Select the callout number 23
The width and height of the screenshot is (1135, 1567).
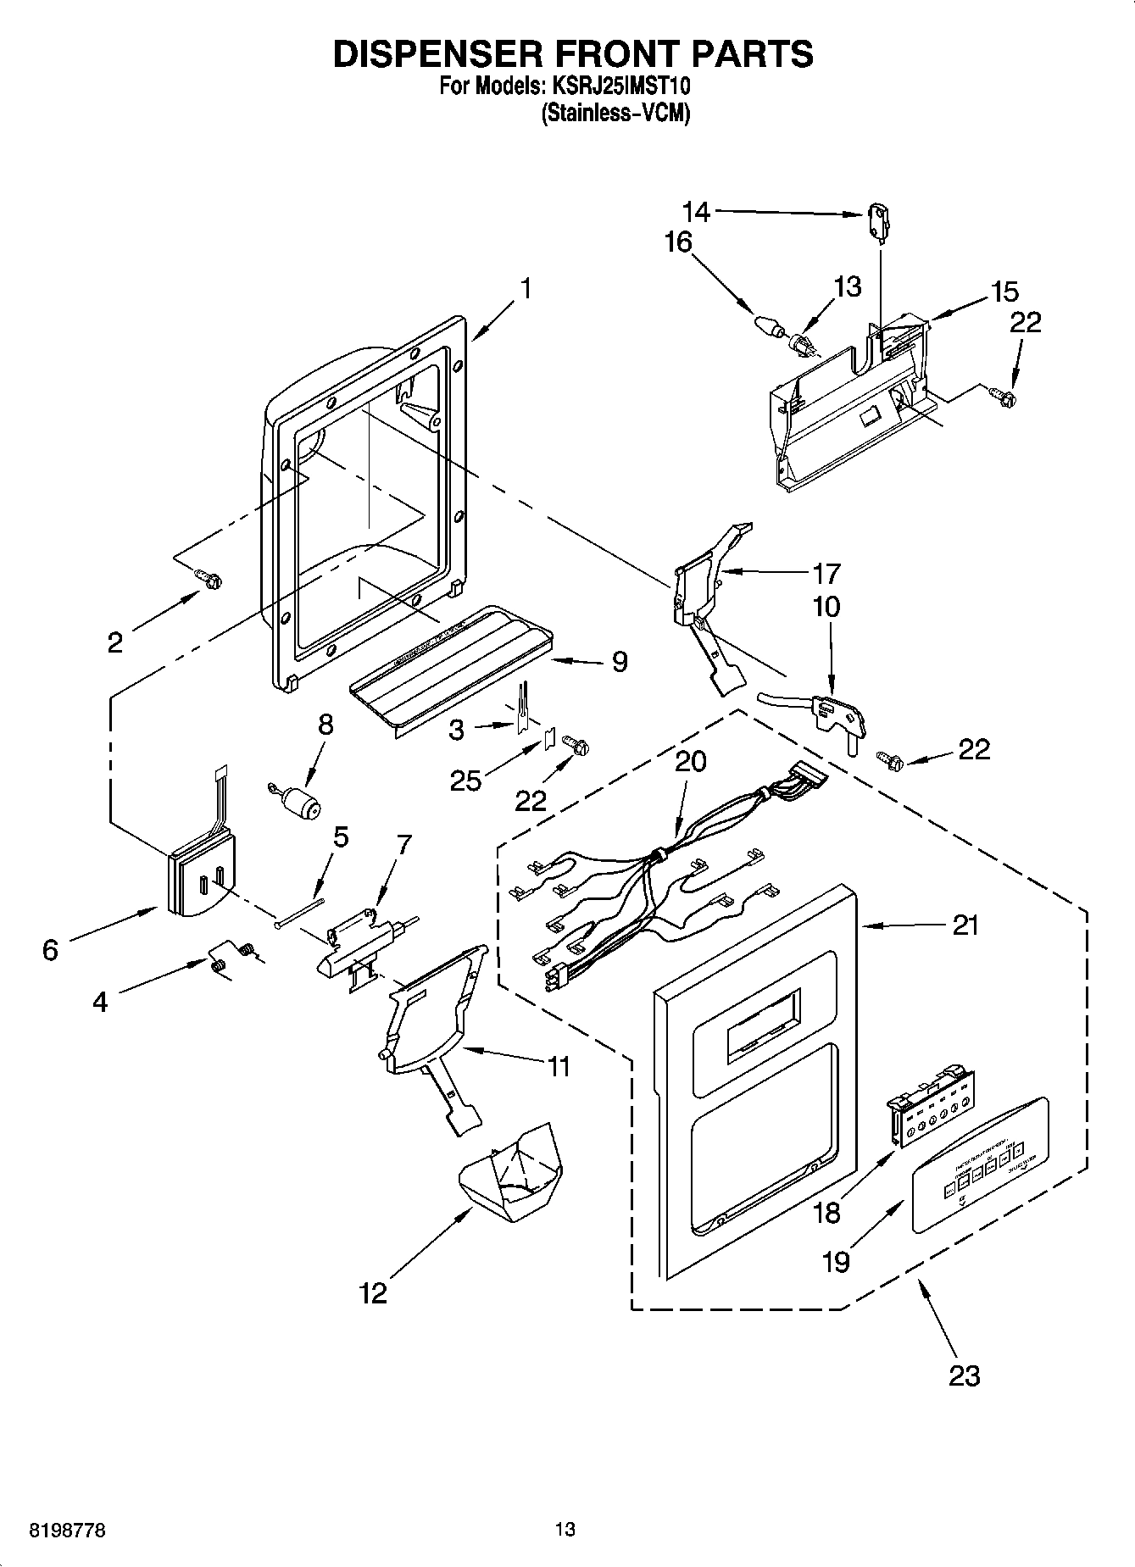(964, 1375)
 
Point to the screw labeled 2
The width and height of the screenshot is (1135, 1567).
(209, 579)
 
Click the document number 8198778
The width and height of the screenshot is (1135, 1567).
(55, 1530)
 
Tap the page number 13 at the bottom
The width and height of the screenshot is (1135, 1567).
(565, 1530)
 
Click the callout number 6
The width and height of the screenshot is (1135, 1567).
(50, 950)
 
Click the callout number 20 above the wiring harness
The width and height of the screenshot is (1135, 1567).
(691, 761)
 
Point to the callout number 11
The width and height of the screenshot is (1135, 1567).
(558, 1066)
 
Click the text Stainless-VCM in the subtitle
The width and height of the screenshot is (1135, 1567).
(615, 113)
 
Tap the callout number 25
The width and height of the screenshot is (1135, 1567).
(465, 779)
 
